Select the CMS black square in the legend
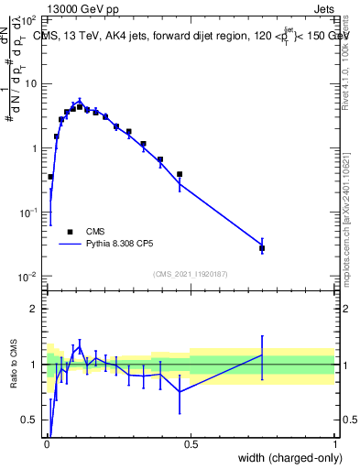click(69, 232)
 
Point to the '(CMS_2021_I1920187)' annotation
click(190, 273)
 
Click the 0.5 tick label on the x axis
click(191, 444)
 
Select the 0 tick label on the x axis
click(47, 444)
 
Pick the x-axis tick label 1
click(335, 444)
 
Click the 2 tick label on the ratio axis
click(34, 309)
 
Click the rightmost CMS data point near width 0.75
click(262, 248)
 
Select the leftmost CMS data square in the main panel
click(50, 177)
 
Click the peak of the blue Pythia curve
click(80, 101)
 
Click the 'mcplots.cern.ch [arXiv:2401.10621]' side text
click(351, 211)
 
